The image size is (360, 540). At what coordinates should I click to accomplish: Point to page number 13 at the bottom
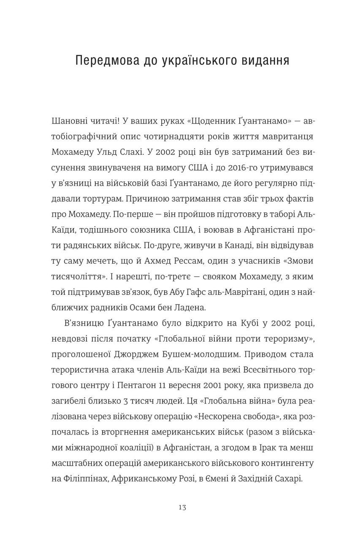click(182, 507)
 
